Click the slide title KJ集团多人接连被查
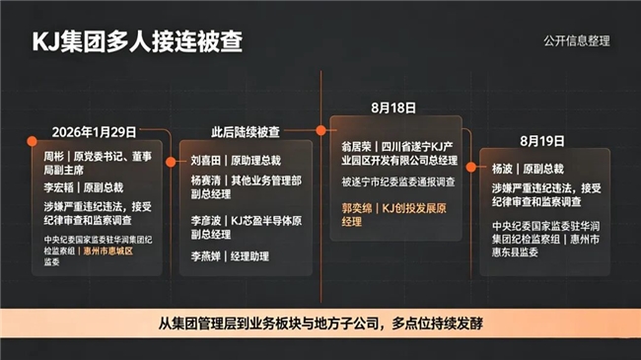(x=137, y=41)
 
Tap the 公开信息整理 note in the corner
(x=577, y=40)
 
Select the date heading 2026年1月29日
(x=94, y=132)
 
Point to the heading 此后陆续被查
(x=246, y=132)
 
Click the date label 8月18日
(x=393, y=108)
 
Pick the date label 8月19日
(x=542, y=141)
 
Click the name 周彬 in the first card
(x=54, y=156)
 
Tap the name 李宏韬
(x=59, y=187)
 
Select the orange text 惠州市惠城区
(x=108, y=251)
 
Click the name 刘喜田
(x=206, y=161)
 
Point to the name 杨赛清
(x=206, y=180)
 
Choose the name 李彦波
(x=206, y=221)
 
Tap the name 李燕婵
(x=206, y=256)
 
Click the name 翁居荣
(x=356, y=146)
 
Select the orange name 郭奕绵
(x=357, y=208)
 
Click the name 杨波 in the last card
(x=502, y=169)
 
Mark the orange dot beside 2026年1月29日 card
(x=32, y=141)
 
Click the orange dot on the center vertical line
(x=320, y=130)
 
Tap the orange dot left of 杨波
(x=471, y=167)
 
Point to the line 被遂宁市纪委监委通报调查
(x=398, y=182)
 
